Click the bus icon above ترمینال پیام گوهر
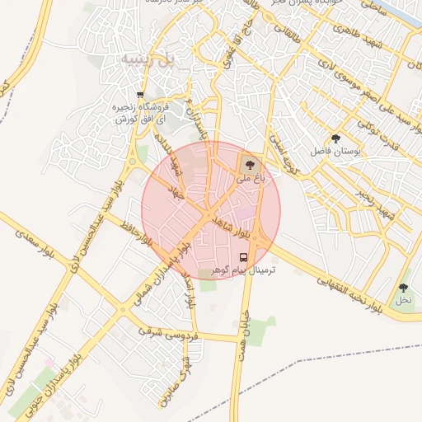click(242, 256)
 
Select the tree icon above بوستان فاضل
click(335, 138)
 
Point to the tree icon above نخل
click(402, 288)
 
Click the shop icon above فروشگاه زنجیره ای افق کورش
click(140, 94)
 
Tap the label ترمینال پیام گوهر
click(243, 270)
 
